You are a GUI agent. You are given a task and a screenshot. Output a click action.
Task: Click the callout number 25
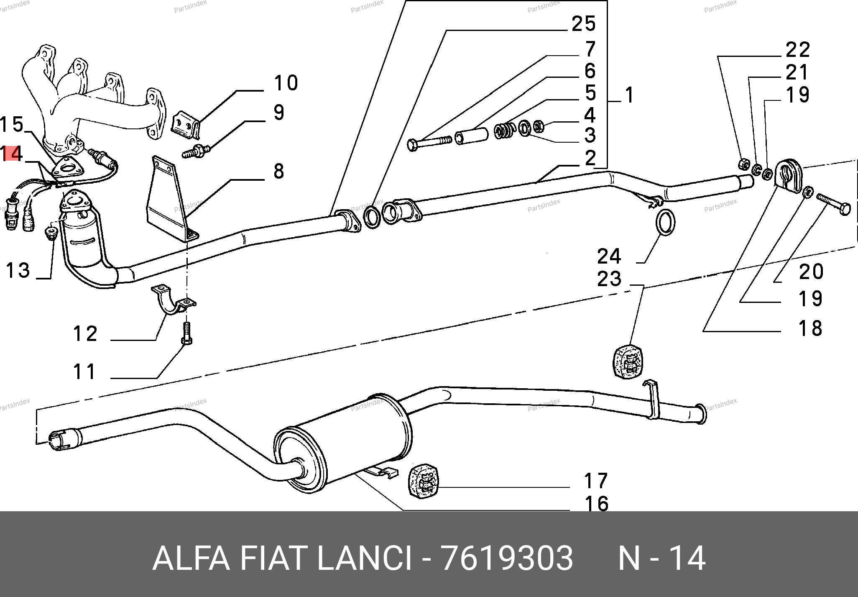583,24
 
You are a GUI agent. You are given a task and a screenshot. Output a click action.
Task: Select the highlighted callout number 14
12,154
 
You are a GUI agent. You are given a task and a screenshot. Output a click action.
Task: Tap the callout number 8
279,172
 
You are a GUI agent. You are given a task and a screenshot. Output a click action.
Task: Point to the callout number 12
85,334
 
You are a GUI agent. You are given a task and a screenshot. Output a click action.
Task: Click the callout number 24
609,256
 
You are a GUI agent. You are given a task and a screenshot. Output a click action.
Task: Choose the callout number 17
595,481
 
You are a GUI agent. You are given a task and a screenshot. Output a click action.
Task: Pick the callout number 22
798,50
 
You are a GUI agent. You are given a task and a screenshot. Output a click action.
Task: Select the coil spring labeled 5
503,131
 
